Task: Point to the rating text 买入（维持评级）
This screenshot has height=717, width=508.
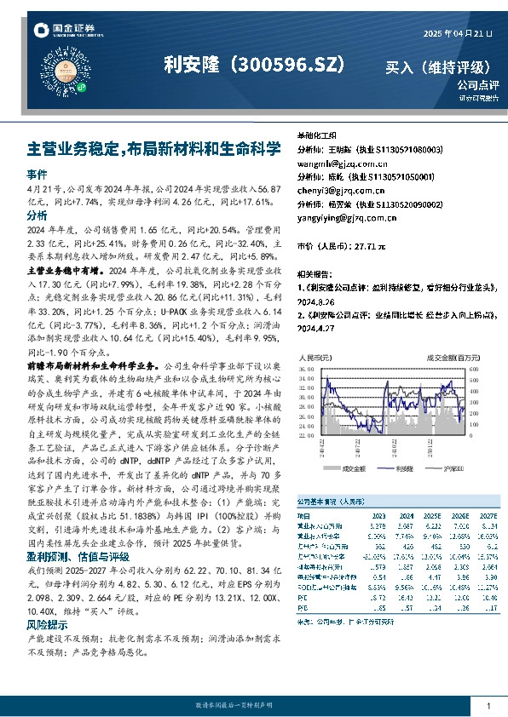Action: coord(438,66)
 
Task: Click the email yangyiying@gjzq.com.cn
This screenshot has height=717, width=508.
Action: coord(346,217)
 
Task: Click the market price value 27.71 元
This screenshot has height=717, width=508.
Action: coord(368,245)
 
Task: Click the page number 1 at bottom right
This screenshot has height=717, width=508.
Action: coord(488,706)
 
